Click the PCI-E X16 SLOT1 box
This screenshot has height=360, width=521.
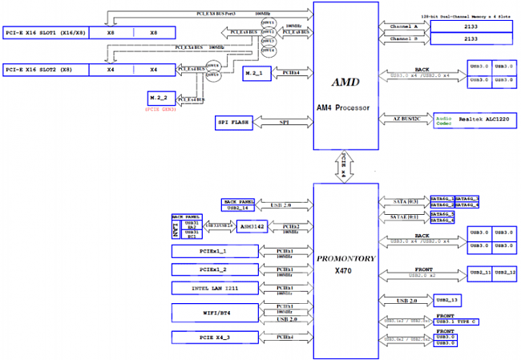(x=44, y=34)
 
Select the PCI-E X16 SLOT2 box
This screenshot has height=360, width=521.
(x=44, y=70)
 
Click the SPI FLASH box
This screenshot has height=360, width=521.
(x=233, y=123)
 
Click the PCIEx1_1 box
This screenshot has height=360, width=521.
(x=216, y=252)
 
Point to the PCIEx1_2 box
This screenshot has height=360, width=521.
(x=216, y=269)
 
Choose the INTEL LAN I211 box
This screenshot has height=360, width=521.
(x=216, y=288)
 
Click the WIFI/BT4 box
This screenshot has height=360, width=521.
(x=216, y=310)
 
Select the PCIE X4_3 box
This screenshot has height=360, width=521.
(x=216, y=337)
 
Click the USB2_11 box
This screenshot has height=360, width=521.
(x=479, y=273)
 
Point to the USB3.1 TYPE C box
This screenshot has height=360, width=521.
(x=458, y=322)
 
